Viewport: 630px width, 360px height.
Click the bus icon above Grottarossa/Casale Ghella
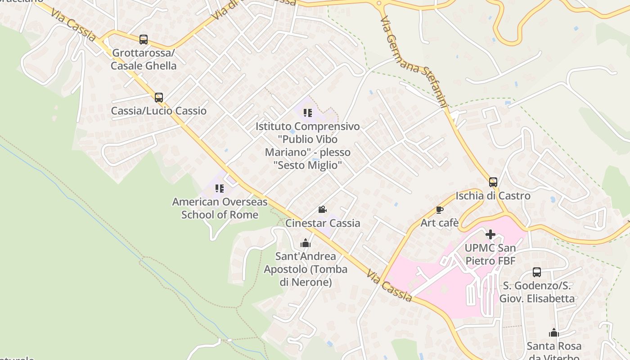pos(144,40)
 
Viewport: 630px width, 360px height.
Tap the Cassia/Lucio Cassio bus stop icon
pos(158,98)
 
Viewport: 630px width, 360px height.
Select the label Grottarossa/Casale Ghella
pos(144,59)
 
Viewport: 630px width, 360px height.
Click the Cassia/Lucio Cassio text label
pos(159,111)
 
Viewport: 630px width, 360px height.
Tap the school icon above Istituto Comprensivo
pos(308,112)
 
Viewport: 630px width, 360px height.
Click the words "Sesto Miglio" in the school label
pos(307,165)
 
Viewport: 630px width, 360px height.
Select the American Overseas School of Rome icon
pos(220,189)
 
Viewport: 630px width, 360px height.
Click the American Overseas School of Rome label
pos(220,208)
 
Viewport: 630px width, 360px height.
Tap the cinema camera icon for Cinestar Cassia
pos(322,210)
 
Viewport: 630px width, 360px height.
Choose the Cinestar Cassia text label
pos(323,223)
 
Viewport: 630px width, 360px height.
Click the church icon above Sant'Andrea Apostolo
pos(306,243)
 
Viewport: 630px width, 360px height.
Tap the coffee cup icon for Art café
pos(440,210)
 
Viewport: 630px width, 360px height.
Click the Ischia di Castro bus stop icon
pos(493,182)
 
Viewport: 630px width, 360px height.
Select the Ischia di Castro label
pos(493,196)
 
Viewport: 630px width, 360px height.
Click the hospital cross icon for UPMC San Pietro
pos(490,234)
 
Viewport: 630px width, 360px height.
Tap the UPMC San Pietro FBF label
pos(490,254)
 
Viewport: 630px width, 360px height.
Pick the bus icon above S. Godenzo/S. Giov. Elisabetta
pos(537,272)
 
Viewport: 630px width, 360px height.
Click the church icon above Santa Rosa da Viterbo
pos(554,333)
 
